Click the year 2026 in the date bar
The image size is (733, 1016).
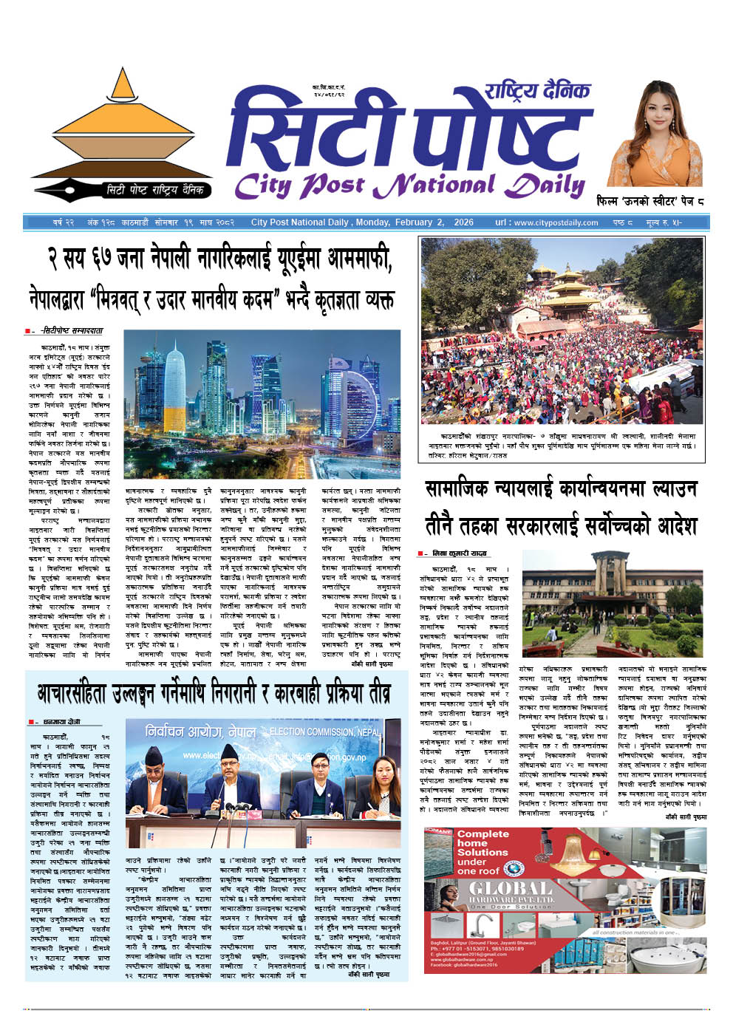pyautogui.click(x=463, y=222)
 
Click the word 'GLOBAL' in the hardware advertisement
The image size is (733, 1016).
pyautogui.click(x=510, y=888)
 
